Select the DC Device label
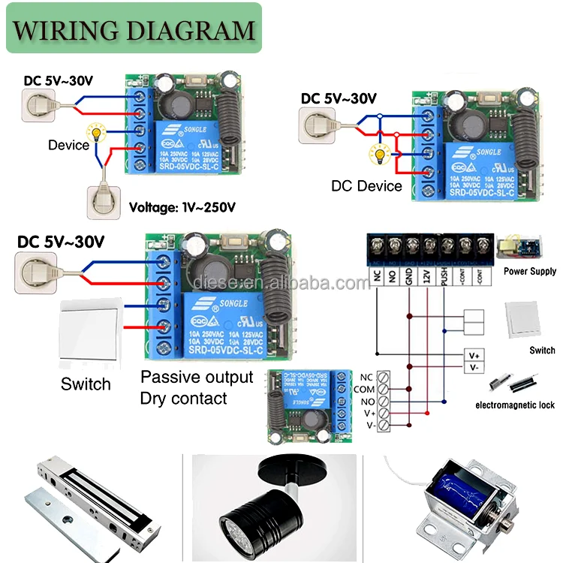point(366,185)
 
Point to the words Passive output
point(197,377)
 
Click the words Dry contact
point(183,399)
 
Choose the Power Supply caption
point(529,271)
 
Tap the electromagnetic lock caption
point(514,405)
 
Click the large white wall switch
point(90,335)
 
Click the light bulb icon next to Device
point(96,132)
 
